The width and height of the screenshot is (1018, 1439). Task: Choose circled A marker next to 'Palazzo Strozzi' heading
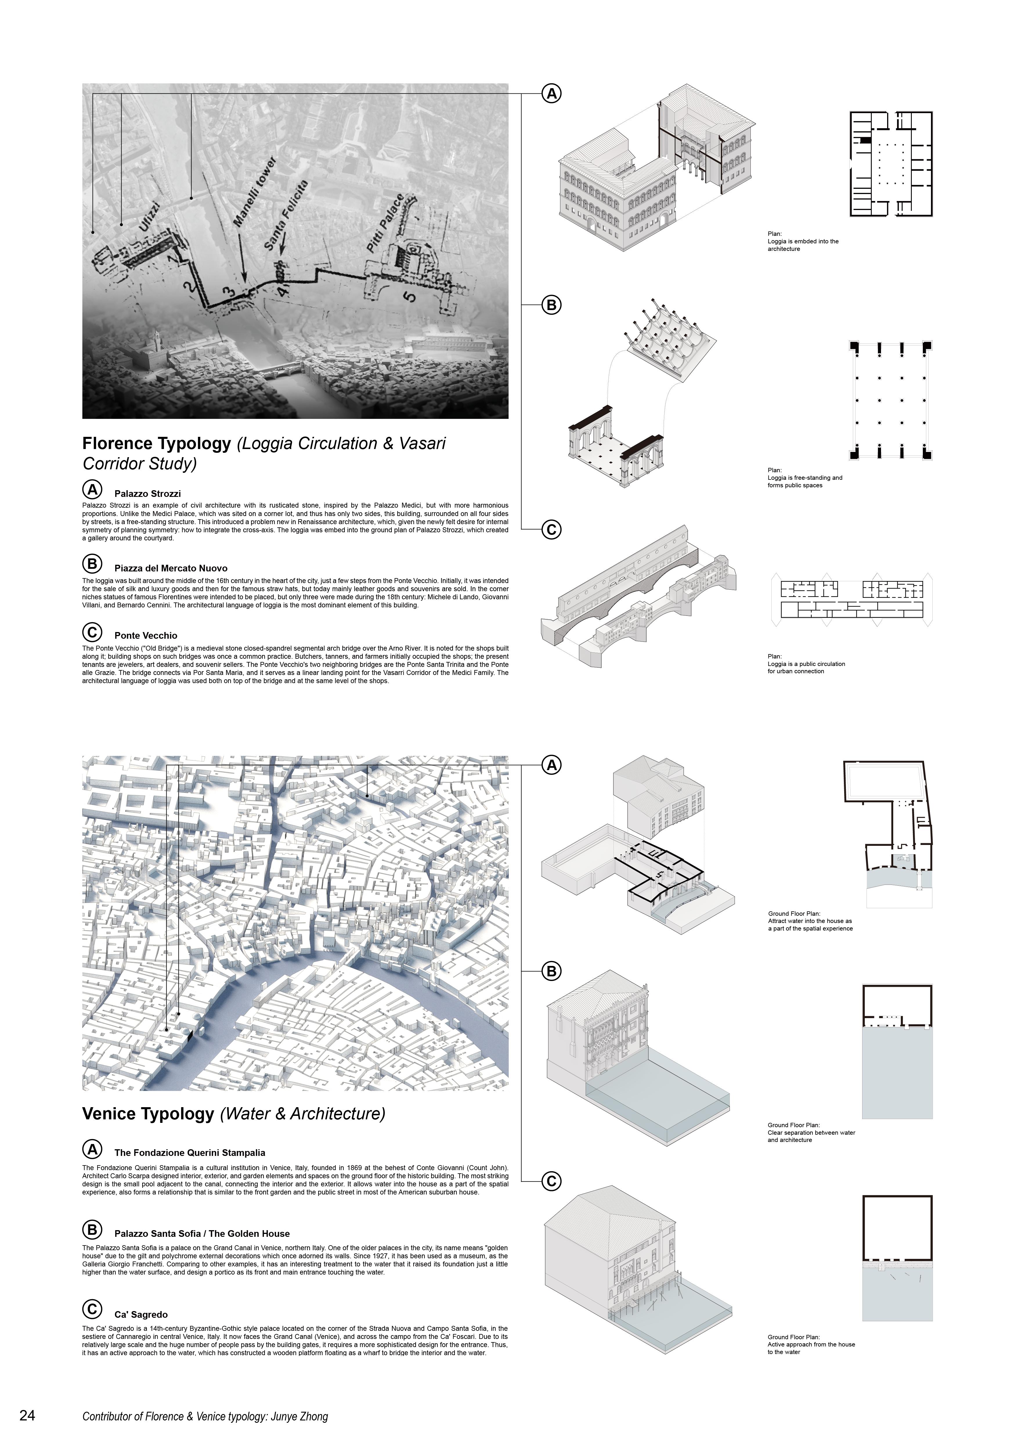pos(92,490)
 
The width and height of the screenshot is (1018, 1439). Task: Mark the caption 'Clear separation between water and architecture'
pos(811,1136)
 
